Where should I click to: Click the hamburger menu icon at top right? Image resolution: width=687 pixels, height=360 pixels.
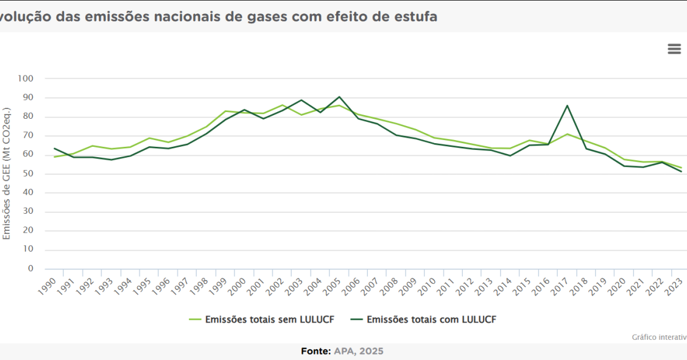pyautogui.click(x=674, y=49)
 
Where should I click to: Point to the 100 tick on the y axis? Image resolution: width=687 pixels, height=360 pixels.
pyautogui.click(x=43, y=79)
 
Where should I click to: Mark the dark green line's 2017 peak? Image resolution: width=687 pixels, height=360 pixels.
pyautogui.click(x=568, y=105)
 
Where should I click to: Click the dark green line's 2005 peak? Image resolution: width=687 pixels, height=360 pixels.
pyautogui.click(x=339, y=97)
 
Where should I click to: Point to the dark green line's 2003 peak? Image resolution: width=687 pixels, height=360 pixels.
pyautogui.click(x=301, y=100)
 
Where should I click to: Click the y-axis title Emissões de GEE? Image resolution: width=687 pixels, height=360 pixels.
pyautogui.click(x=7, y=174)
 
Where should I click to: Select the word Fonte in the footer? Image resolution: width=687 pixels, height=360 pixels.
pyautogui.click(x=315, y=351)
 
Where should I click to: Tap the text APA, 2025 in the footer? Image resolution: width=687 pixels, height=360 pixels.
pyautogui.click(x=359, y=351)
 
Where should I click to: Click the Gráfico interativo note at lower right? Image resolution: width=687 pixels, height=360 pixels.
pyautogui.click(x=659, y=337)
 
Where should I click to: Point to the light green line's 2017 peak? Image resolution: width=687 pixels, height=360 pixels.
pyautogui.click(x=568, y=134)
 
